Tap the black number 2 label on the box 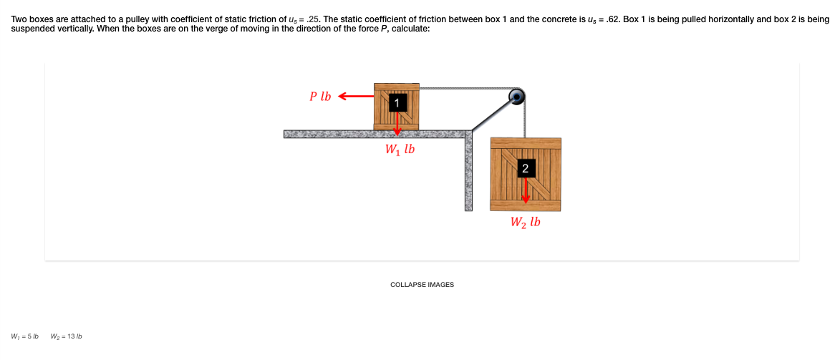[x=525, y=169]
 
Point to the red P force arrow [x=355, y=96]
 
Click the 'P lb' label [x=320, y=96]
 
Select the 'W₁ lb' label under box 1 [x=400, y=150]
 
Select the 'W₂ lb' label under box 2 [x=526, y=222]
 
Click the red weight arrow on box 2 [x=525, y=190]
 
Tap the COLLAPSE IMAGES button [x=422, y=285]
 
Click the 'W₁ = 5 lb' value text [x=25, y=336]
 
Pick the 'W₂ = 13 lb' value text [x=67, y=336]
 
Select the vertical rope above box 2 [x=525, y=118]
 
